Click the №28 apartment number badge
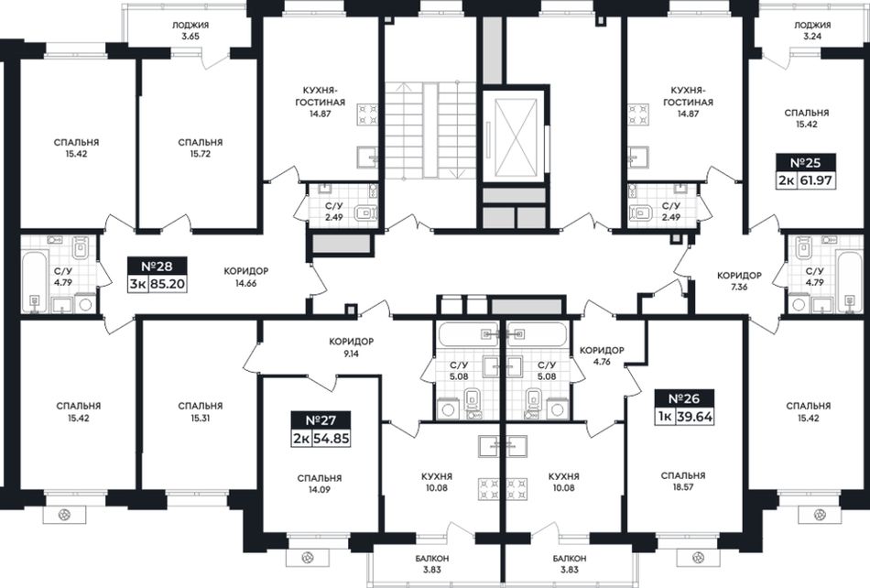pos(157,266)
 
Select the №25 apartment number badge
pos(805,162)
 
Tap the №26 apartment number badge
pos(684,398)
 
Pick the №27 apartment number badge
pos(321,419)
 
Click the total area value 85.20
pos(167,284)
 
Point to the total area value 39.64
pos(694,417)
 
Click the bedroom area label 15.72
pos(201,154)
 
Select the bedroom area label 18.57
pos(683,487)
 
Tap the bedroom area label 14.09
pos(319,490)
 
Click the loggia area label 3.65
pos(190,37)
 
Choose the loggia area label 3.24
pos(811,37)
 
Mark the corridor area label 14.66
pos(245,283)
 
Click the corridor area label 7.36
pos(739,287)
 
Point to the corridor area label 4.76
pos(602,362)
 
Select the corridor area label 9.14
pos(351,354)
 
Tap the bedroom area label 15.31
pos(201,418)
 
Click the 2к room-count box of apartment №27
pos(302,438)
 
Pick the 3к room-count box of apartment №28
pos(137,284)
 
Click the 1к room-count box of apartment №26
pos(665,417)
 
